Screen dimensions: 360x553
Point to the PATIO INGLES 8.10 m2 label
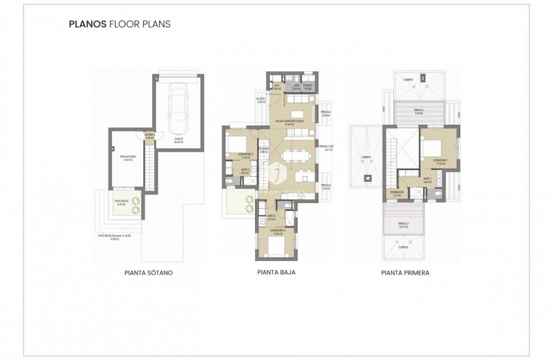[x=121, y=202]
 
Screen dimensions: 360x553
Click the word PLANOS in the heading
[x=88, y=24]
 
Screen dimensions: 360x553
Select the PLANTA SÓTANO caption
[x=146, y=273]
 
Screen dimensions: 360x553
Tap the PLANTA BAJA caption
[x=276, y=272]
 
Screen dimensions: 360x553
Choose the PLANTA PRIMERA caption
[x=405, y=273]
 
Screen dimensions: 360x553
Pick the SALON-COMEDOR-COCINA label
[x=290, y=122]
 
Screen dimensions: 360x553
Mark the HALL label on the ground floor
[x=276, y=87]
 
